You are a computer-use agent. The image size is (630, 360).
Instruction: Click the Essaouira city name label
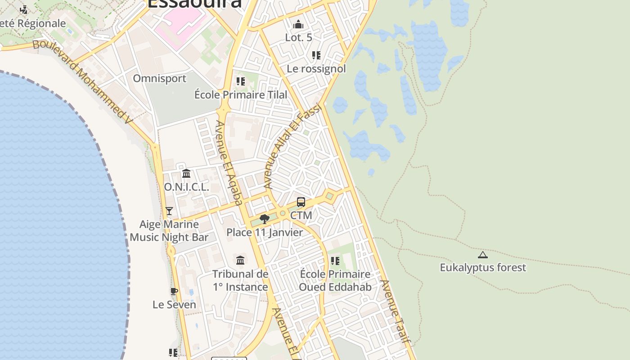pos(194,4)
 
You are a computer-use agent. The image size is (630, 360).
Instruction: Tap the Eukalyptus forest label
pos(482,268)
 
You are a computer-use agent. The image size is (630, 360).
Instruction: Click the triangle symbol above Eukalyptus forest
pos(482,255)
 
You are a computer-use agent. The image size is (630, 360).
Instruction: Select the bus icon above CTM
pos(301,202)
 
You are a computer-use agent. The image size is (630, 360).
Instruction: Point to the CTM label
pos(301,216)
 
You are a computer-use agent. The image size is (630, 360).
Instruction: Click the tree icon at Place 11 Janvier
pos(265,219)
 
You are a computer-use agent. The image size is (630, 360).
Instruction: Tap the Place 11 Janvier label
pos(265,233)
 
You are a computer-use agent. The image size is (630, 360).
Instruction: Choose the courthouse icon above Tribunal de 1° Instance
pos(240,261)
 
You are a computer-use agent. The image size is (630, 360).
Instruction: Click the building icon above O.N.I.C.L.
pos(186,174)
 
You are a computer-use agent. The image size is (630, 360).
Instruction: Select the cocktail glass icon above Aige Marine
pos(169,211)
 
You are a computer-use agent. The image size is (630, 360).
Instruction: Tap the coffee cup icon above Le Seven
pos(174,292)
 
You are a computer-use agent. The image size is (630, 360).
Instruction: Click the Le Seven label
pos(174,305)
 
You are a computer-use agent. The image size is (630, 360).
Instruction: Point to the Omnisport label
pos(159,79)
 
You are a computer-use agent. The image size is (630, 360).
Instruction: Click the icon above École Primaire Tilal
pos(241,81)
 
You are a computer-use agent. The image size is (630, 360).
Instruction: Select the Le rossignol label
pos(316,69)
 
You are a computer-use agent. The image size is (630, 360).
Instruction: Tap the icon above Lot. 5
pos(298,24)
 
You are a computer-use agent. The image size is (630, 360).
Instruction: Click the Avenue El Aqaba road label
pos(229,162)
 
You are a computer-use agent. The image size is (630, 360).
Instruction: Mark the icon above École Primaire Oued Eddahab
pos(335,261)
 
